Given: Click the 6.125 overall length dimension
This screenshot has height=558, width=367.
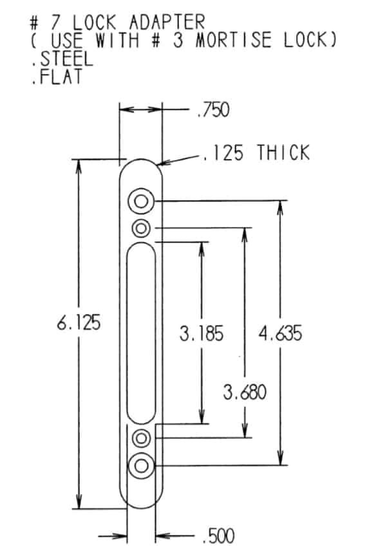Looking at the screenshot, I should click(x=79, y=323).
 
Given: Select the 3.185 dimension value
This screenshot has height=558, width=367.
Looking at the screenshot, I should click(x=202, y=334).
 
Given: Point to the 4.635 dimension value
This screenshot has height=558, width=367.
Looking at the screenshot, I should click(x=280, y=334).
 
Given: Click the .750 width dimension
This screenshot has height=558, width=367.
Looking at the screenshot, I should click(x=212, y=111).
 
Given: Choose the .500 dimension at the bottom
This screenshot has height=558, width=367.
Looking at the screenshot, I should click(x=218, y=535).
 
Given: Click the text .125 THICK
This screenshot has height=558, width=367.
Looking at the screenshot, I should click(x=256, y=153).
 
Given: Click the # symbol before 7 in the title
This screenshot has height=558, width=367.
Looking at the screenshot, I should click(x=34, y=22).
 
